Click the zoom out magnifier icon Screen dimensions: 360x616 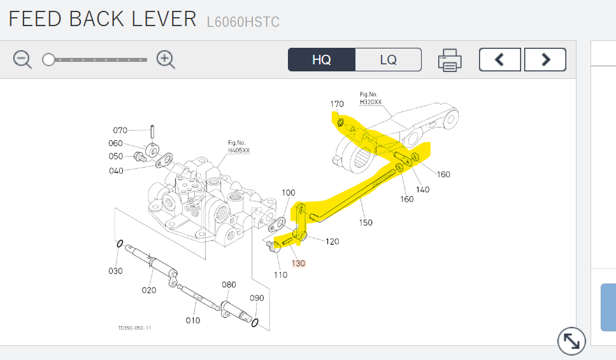click(x=22, y=60)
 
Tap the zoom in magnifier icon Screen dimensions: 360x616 click(x=166, y=60)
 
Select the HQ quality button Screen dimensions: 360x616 click(x=321, y=60)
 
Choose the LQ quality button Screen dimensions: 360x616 click(x=388, y=60)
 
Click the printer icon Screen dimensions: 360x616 click(x=450, y=61)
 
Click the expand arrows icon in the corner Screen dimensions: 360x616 click(x=571, y=342)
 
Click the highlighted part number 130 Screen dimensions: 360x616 click(x=298, y=263)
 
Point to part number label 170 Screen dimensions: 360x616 click(x=337, y=104)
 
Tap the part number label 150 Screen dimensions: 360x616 click(x=366, y=222)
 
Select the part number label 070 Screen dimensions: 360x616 click(x=120, y=131)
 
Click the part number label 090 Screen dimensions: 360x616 click(x=257, y=298)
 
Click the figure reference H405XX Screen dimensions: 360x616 click(x=239, y=150)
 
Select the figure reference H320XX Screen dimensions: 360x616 click(x=371, y=102)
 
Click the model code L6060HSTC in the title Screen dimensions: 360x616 click(x=243, y=22)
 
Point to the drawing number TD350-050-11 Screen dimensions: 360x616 click(x=134, y=328)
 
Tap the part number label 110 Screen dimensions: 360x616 click(x=281, y=275)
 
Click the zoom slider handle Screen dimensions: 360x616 click(x=48, y=60)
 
